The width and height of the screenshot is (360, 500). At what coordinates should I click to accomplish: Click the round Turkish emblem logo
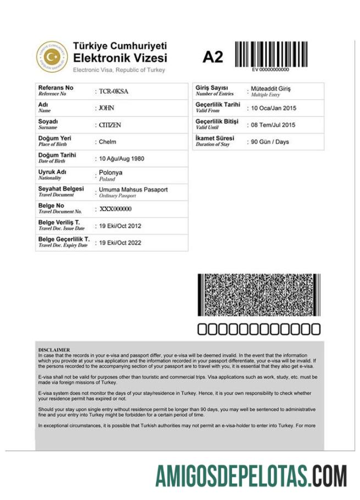point(52,57)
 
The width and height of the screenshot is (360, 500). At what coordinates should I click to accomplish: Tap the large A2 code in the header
point(213,57)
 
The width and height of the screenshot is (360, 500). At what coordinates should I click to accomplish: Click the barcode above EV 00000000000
point(270,53)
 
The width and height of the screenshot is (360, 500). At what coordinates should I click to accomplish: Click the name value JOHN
point(106,108)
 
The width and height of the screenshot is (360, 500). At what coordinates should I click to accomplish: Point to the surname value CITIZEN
point(109,125)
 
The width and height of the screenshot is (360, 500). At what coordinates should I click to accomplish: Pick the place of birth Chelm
point(107,142)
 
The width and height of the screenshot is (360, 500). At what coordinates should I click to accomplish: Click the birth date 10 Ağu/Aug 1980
point(121,159)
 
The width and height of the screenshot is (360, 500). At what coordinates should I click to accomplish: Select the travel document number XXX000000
point(115,209)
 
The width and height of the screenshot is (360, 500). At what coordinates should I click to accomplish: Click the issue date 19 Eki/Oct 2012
point(120,226)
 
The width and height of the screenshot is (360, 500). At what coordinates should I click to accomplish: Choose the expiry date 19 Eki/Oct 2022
point(120,242)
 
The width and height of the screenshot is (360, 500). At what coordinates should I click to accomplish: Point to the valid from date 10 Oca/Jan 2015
point(273,108)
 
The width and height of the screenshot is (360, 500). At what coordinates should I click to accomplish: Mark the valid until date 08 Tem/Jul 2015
point(273,125)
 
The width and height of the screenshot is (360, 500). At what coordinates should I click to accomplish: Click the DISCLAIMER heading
point(54,349)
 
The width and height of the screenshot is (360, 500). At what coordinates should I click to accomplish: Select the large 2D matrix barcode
point(257,295)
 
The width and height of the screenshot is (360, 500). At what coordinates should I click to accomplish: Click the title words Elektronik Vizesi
point(120,58)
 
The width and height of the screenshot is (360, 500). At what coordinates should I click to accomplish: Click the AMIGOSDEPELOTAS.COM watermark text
point(251,476)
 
